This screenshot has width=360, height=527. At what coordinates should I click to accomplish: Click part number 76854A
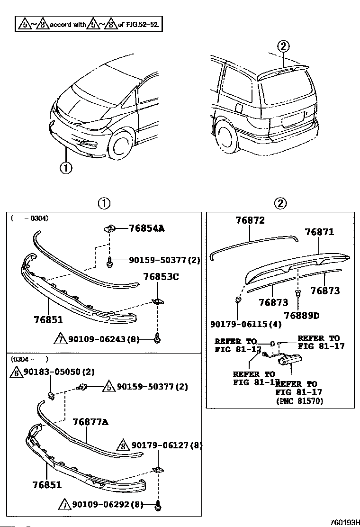pos(146,228)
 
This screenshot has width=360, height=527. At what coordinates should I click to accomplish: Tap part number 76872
pos(250,220)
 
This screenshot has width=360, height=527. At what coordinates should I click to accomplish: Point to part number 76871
pos(319,232)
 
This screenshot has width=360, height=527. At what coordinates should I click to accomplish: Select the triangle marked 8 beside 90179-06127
pos(123,446)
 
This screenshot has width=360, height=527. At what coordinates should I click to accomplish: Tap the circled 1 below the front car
pos(66,167)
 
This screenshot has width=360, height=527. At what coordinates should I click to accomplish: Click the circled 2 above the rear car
pos(282,46)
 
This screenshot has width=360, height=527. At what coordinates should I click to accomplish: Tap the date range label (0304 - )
pos(29,360)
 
